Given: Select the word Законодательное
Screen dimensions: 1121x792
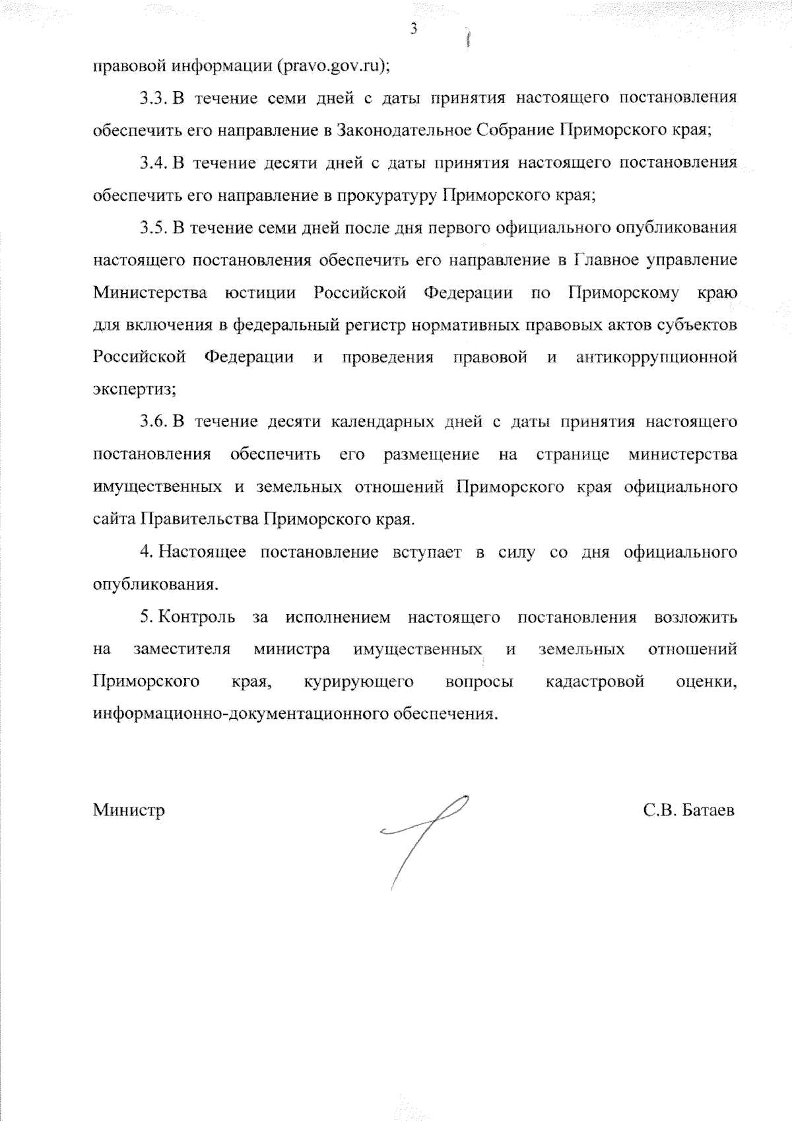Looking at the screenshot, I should point(403,130).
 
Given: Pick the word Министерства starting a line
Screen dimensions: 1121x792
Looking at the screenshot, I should point(149,292).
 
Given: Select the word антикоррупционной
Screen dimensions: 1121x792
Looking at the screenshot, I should point(656,357).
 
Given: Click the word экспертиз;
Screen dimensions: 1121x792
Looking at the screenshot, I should point(134,390).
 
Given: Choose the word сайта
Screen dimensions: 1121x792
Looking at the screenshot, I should point(113,520).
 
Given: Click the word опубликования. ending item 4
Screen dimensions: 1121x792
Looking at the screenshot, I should point(155,584).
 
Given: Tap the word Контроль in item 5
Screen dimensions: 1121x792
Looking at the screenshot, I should point(197,617).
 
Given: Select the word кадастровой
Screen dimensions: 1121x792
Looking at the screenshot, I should point(595,682).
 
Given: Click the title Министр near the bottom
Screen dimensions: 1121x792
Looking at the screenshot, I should point(129,810).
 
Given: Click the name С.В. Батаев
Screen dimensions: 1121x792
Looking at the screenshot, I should point(688,810).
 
